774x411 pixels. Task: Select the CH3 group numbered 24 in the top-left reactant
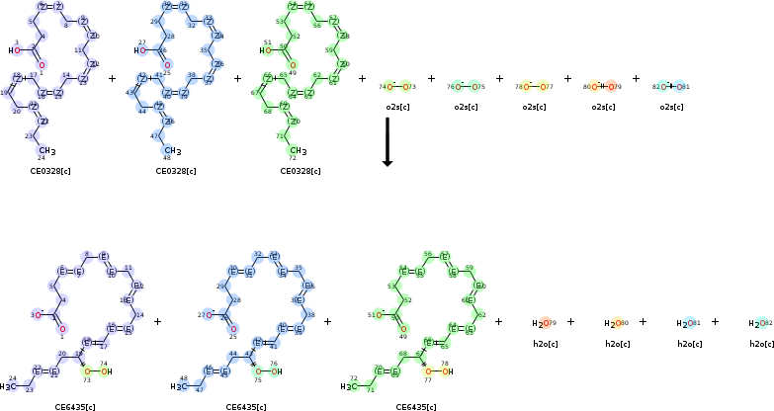tap(47, 150)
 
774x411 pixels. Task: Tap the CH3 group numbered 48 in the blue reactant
tap(173, 150)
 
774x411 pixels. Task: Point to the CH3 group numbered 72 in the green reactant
tap(298, 150)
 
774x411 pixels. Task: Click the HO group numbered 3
tap(14, 49)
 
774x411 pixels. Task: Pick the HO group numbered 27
tap(139, 49)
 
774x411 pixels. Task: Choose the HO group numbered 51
tap(265, 49)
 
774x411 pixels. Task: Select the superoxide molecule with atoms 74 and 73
tap(397, 87)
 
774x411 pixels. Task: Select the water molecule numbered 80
tap(615, 323)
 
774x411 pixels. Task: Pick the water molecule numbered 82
tap(760, 323)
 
